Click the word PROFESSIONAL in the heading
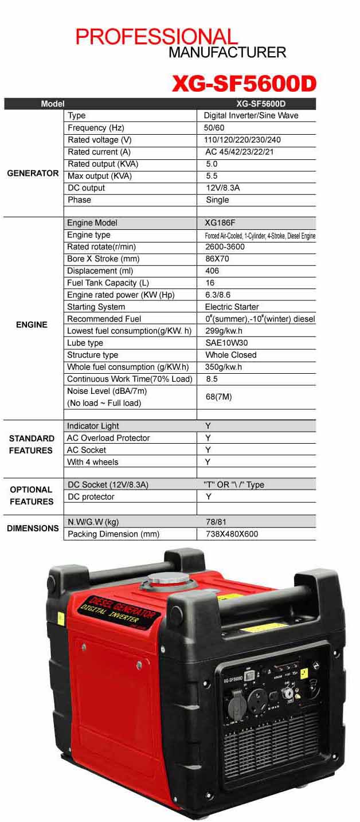[x=156, y=37]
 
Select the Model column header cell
[x=52, y=104]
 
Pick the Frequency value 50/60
[x=214, y=128]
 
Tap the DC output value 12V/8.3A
[x=222, y=188]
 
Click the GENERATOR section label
[x=33, y=173]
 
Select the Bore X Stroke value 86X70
[x=216, y=259]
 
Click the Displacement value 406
[x=212, y=271]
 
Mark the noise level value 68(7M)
[x=218, y=397]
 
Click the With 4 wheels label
[x=93, y=462]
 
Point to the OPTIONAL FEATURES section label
[x=32, y=496]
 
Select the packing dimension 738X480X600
[x=232, y=534]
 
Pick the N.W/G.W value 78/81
[x=215, y=522]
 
